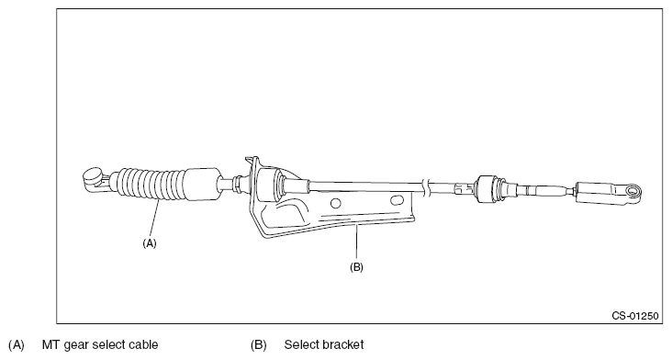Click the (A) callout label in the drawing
click(x=150, y=243)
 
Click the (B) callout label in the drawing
click(x=356, y=267)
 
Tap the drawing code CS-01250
click(x=634, y=316)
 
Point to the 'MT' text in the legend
click(x=50, y=344)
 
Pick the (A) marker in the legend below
click(x=17, y=345)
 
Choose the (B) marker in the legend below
click(x=259, y=345)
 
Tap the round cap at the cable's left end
click(x=91, y=176)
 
